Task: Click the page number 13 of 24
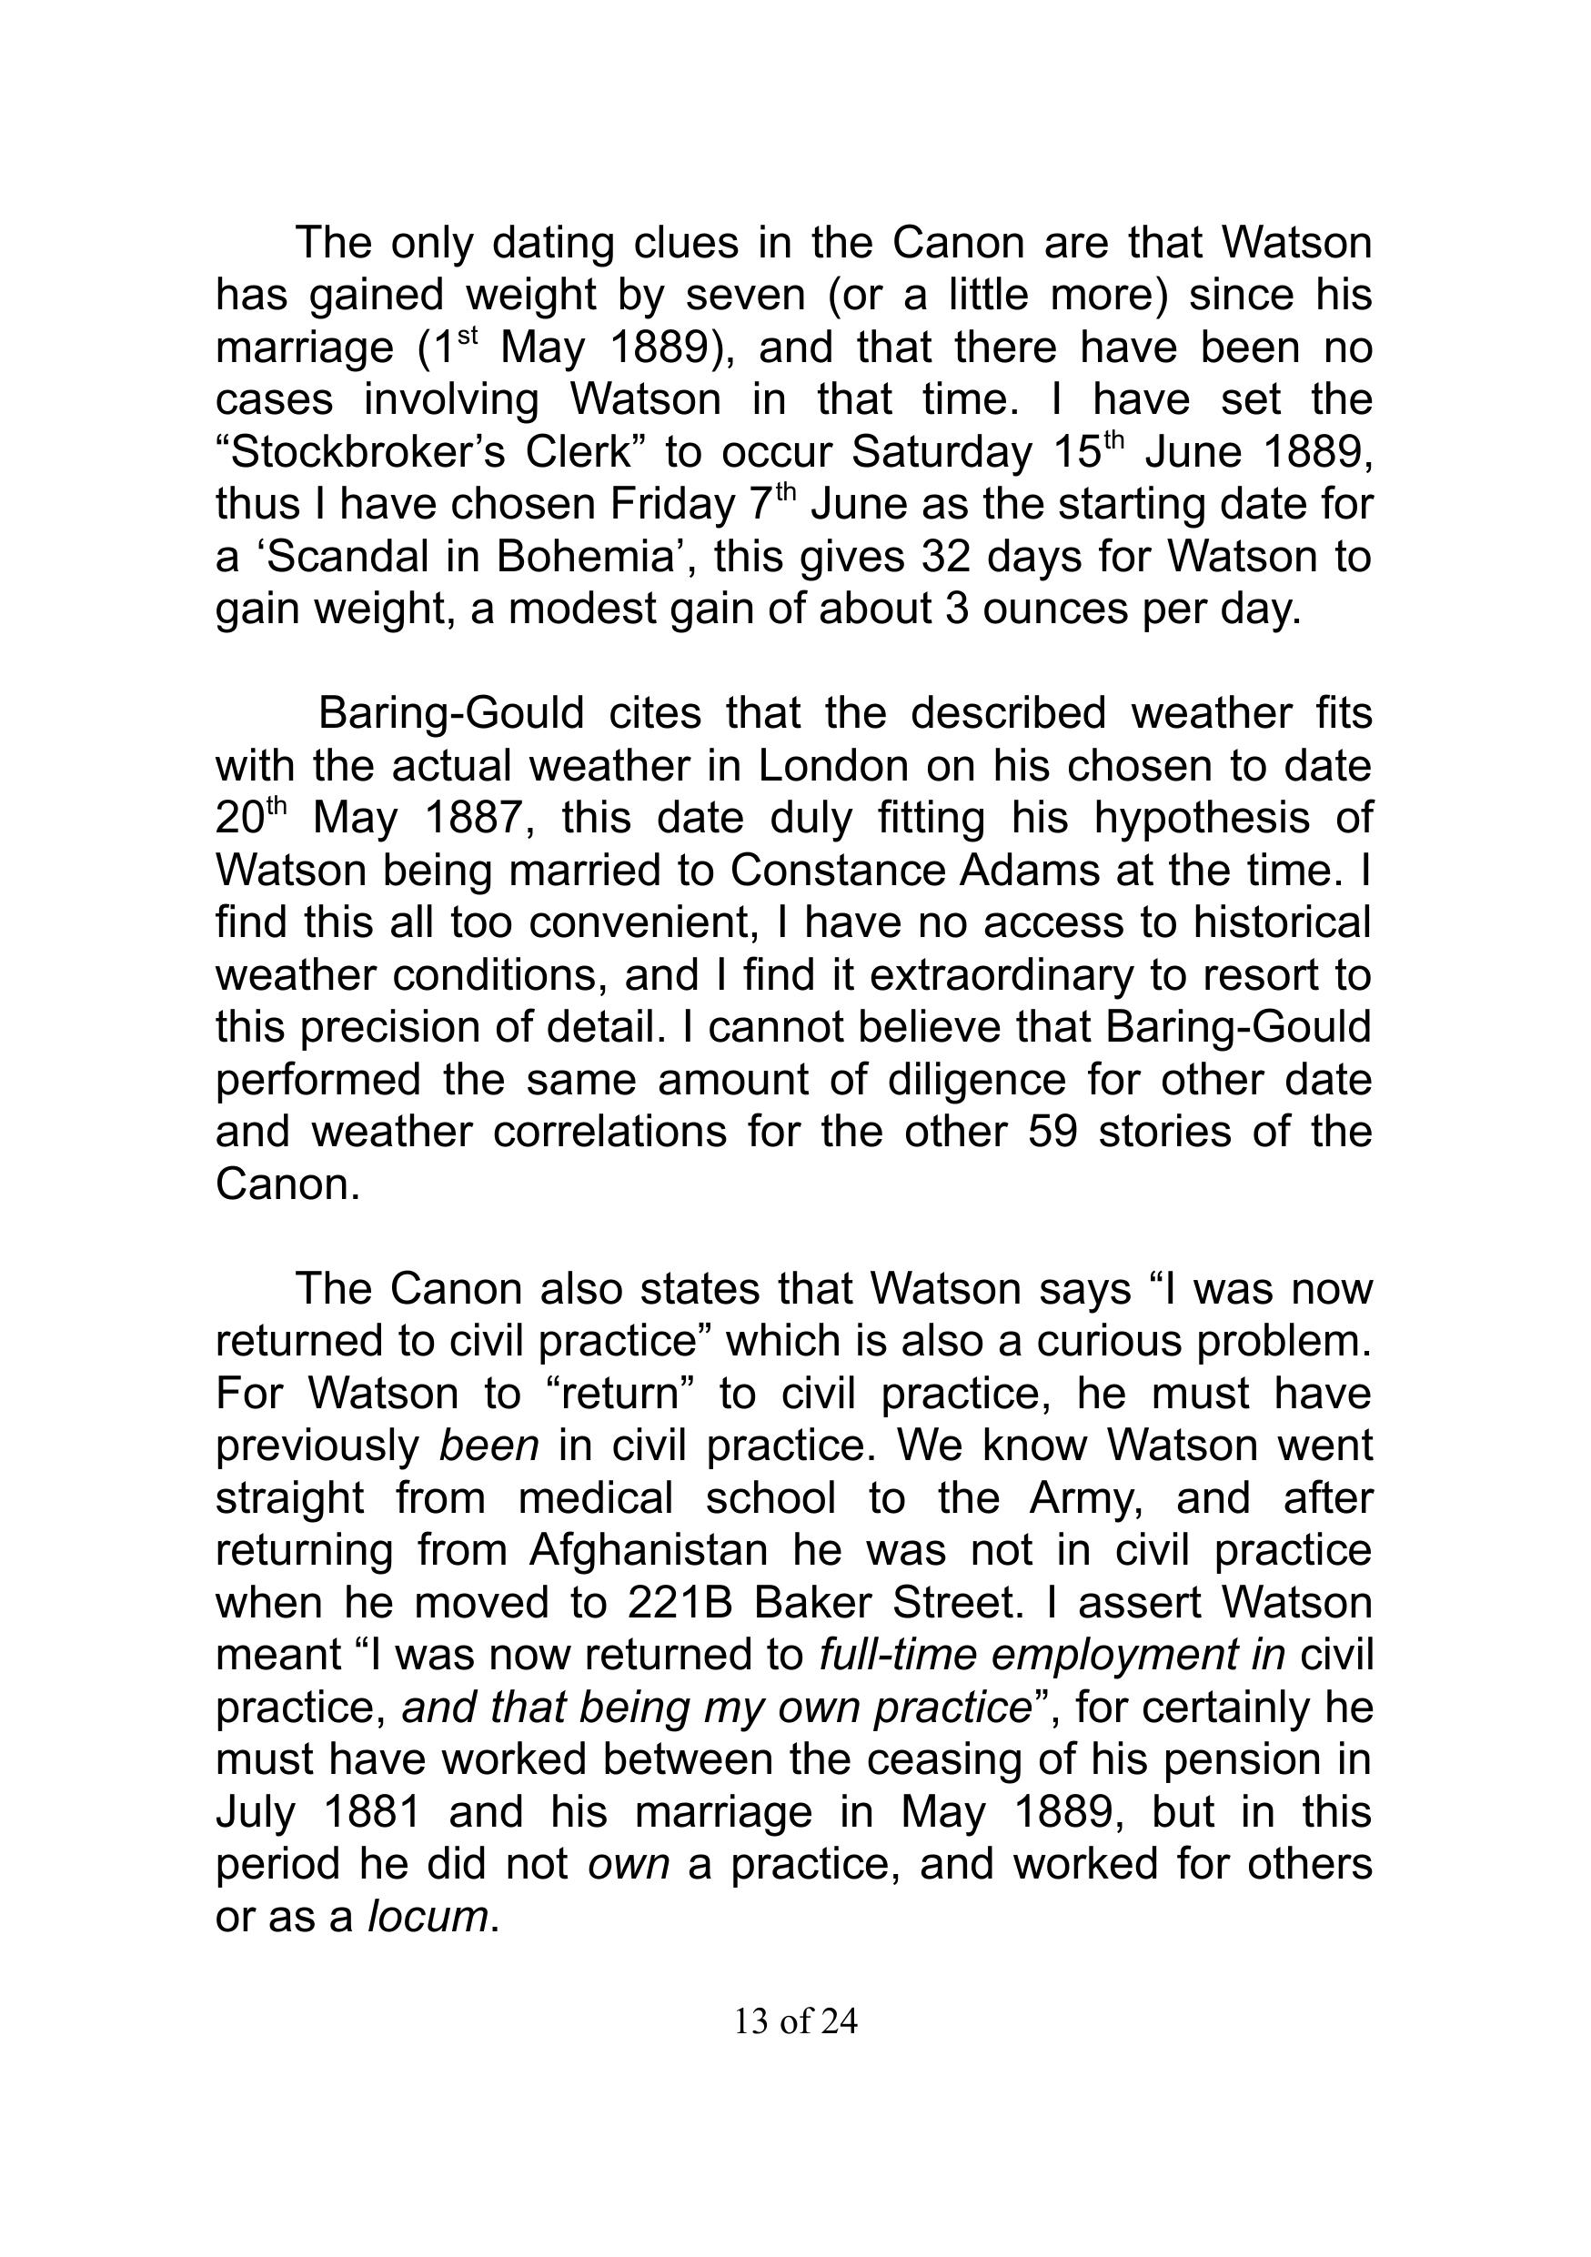point(795,2021)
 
